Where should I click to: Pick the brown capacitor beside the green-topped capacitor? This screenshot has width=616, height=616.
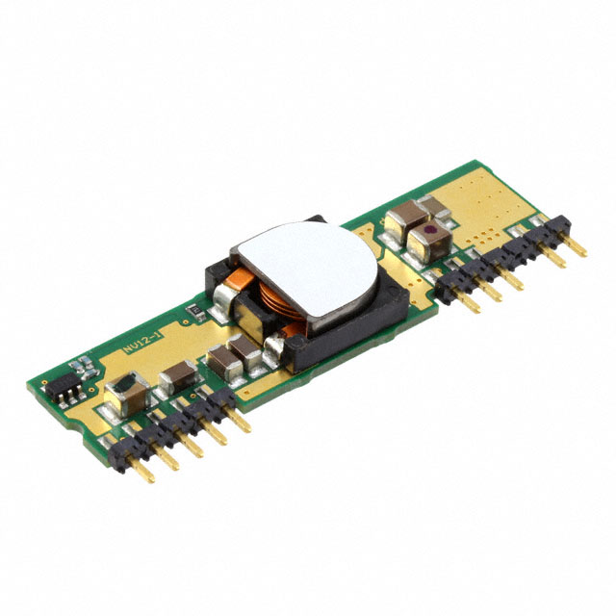coord(177,378)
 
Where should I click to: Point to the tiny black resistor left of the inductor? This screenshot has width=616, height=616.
coord(192,310)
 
